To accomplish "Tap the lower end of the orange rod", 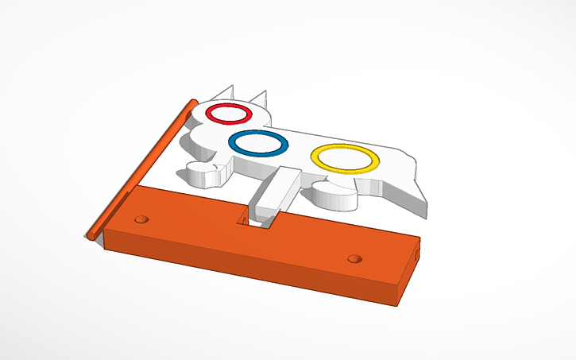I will [92, 234].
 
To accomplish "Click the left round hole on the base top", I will [142, 218].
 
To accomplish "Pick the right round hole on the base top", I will [354, 258].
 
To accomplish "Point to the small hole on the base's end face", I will [416, 255].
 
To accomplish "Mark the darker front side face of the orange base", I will [238, 266].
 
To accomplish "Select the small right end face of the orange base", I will [408, 274].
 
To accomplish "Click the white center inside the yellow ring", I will [344, 158].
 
